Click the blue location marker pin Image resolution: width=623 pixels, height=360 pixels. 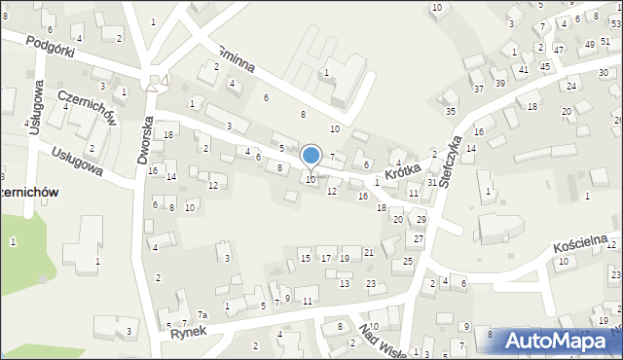311,156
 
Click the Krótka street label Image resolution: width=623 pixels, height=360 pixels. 401,173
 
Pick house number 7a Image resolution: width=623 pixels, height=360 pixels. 202,314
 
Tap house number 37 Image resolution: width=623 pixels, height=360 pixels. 478,89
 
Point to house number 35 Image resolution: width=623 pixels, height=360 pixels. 451,111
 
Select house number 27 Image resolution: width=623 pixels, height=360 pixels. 418,238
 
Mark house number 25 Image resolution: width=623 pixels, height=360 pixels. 408,262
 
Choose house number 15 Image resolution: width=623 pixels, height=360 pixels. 306,258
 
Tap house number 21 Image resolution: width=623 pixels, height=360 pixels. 369,253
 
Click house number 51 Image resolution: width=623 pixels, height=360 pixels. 605,42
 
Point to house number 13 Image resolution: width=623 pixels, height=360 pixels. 345,283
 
